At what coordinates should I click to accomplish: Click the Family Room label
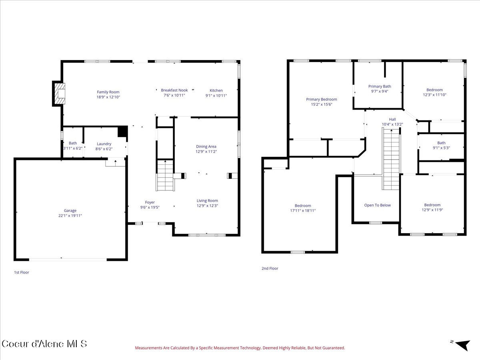tap(108, 92)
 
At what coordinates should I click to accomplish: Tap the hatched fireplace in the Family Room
tap(60, 94)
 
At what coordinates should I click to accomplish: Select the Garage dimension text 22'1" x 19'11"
tap(70, 216)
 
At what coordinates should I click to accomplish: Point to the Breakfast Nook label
tap(174, 90)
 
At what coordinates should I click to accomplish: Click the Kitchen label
tap(216, 90)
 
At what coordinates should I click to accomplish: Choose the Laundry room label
tap(104, 144)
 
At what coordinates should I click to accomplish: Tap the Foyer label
tap(150, 202)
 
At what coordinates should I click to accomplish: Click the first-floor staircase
tap(165, 176)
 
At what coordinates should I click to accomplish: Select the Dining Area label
tap(206, 146)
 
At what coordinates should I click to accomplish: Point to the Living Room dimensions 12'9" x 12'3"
tap(207, 206)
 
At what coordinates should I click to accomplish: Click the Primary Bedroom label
tap(322, 99)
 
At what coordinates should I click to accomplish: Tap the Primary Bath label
tap(380, 86)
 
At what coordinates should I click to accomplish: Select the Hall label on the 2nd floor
tap(392, 119)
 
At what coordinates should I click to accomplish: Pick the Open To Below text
tap(378, 205)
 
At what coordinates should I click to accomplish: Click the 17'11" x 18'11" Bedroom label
tap(303, 208)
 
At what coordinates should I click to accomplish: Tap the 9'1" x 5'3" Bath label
tap(441, 145)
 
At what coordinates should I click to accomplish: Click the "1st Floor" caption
tap(22, 272)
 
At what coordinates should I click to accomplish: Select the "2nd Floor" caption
tap(270, 268)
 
